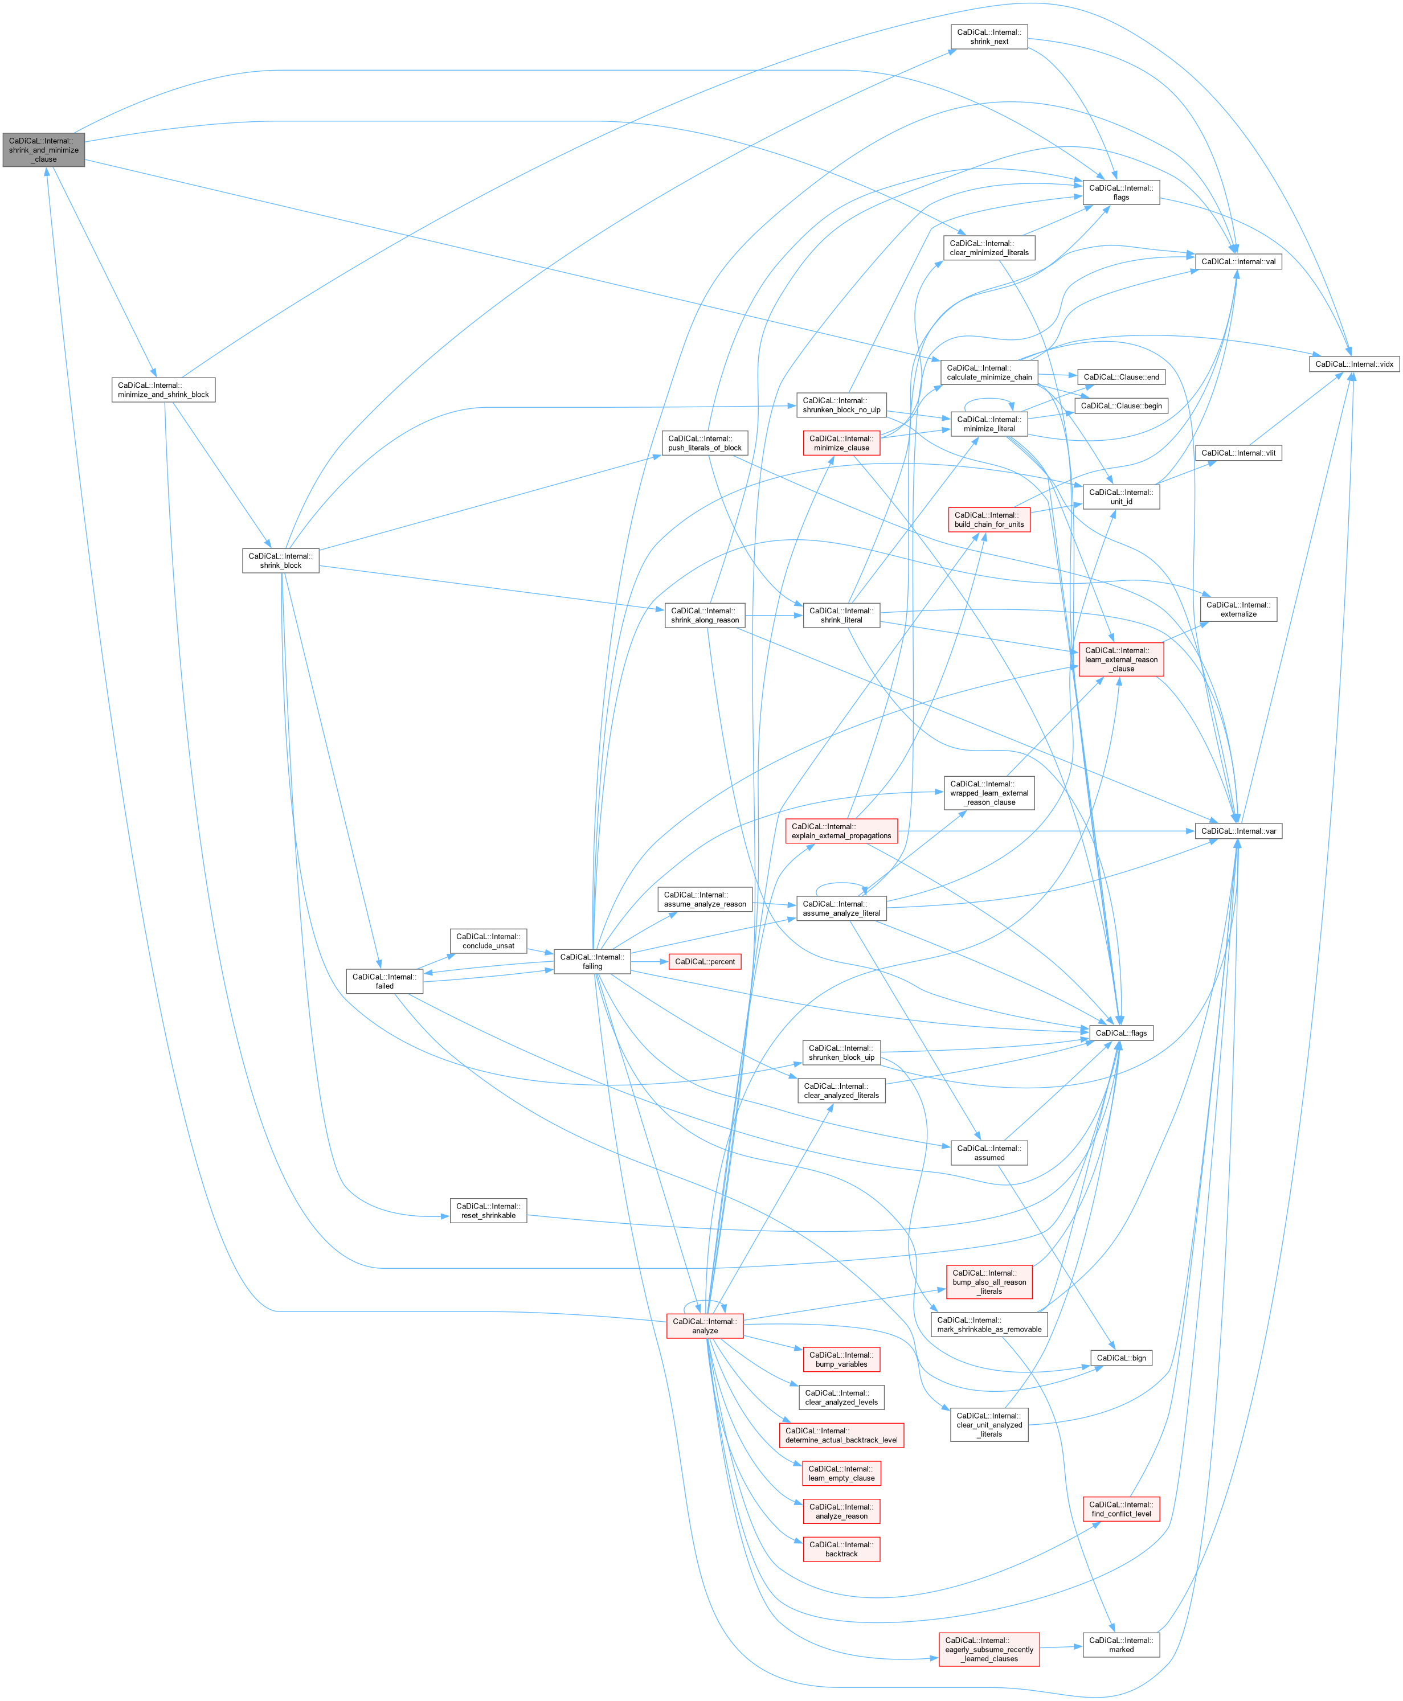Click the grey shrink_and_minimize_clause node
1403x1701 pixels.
[x=44, y=150]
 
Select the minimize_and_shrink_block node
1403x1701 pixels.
[x=163, y=390]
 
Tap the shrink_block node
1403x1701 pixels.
[x=280, y=561]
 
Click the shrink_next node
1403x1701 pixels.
[x=988, y=36]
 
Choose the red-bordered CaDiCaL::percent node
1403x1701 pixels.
[x=704, y=962]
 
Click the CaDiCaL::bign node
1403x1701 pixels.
[x=1121, y=1358]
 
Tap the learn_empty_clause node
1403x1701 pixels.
[x=841, y=1473]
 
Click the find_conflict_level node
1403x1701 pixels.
[x=1121, y=1509]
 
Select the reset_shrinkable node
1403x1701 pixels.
[x=488, y=1211]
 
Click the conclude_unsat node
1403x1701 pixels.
[x=488, y=941]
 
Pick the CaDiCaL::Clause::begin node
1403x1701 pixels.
[x=1121, y=405]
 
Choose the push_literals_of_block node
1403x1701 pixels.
[x=704, y=443]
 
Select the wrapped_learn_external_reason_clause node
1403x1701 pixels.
[x=988, y=793]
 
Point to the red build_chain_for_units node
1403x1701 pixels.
[x=988, y=519]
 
